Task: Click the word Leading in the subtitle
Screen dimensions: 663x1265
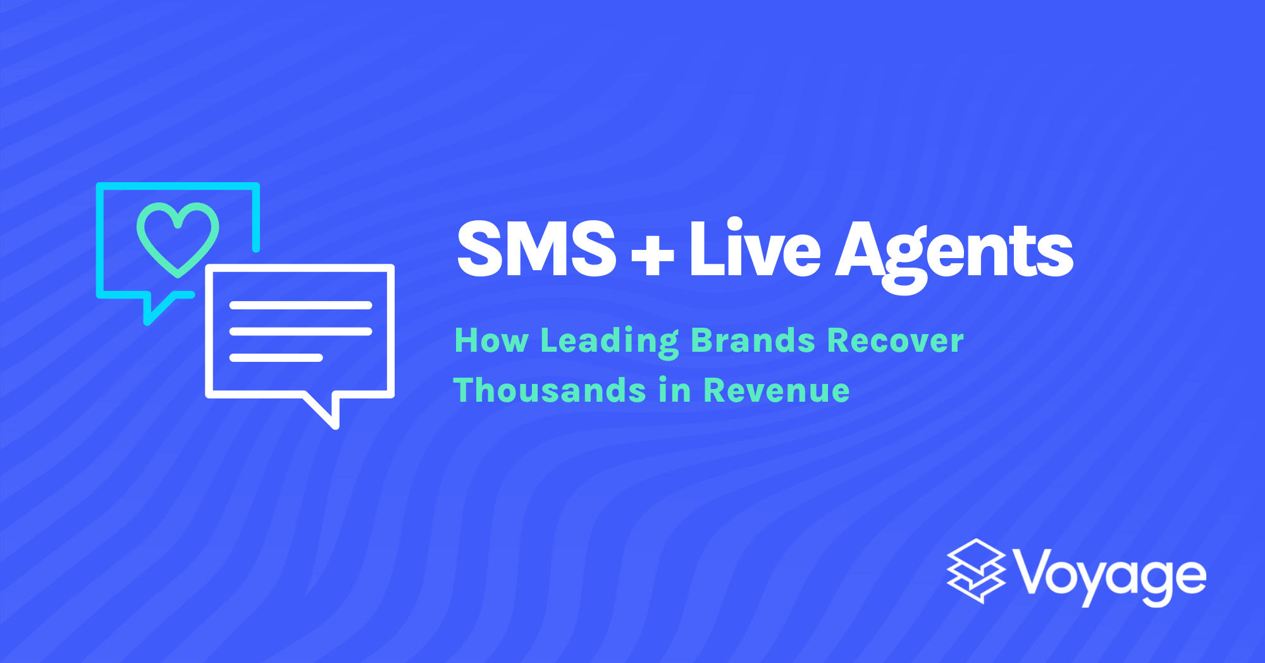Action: [x=609, y=342]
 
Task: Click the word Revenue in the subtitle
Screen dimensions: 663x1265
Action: [x=776, y=390]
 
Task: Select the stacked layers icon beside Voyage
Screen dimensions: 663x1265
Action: [x=976, y=571]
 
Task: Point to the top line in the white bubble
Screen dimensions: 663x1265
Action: [x=300, y=306]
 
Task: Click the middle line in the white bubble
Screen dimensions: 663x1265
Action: [x=300, y=331]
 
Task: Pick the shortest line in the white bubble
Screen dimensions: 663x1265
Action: [x=276, y=357]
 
